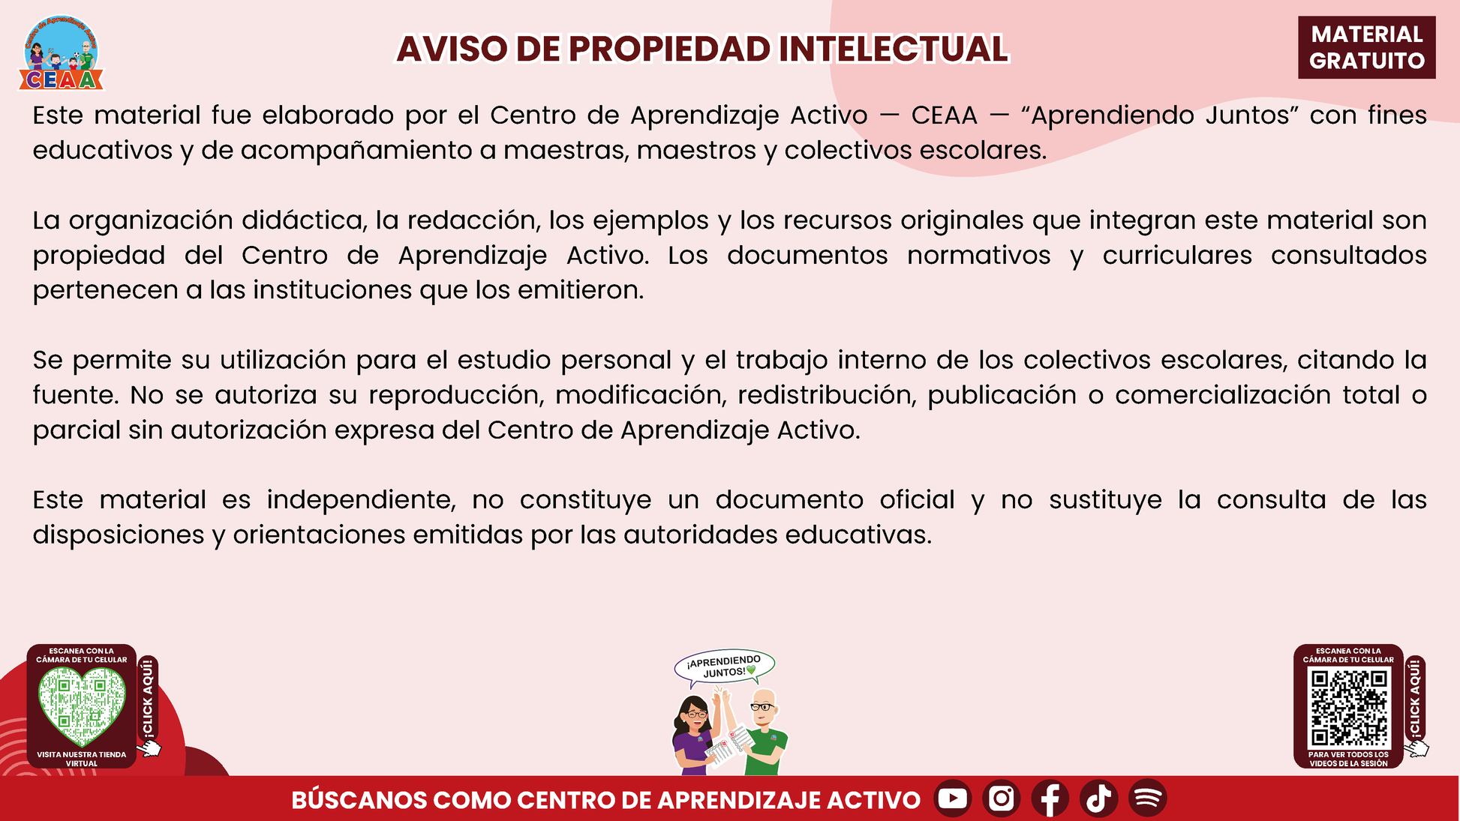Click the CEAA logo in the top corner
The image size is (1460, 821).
click(61, 53)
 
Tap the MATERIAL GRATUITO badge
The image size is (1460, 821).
click(1366, 47)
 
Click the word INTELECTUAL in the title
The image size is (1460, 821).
click(893, 49)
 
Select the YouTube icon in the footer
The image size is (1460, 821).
click(953, 798)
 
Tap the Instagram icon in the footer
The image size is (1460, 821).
click(1002, 798)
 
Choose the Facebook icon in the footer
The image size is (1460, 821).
click(1050, 798)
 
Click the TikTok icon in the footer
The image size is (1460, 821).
click(1099, 798)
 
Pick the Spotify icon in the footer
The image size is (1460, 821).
click(1148, 798)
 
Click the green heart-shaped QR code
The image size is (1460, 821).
click(82, 705)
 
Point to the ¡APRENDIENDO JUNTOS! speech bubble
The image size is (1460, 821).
click(725, 666)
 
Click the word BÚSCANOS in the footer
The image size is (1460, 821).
click(359, 799)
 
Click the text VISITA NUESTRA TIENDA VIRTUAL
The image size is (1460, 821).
click(82, 759)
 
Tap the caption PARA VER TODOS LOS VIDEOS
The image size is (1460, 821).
click(1348, 759)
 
